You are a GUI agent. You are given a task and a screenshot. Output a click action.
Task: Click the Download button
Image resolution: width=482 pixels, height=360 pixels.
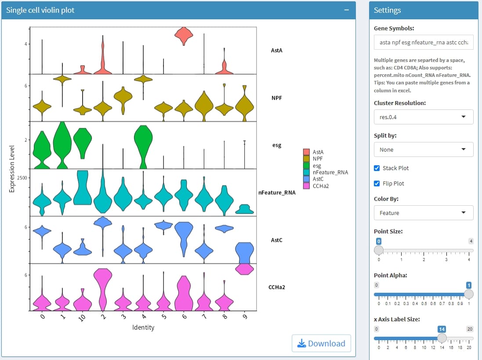point(321,343)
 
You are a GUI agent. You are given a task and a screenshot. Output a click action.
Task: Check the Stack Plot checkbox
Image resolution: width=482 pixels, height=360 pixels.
point(377,168)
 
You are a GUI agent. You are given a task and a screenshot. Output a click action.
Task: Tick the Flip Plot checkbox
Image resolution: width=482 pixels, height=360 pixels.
point(377,183)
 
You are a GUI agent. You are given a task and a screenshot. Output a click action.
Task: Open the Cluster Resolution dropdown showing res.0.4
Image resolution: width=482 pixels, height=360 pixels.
point(423,117)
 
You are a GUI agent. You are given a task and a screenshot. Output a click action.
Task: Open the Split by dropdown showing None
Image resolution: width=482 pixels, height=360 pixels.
point(423,149)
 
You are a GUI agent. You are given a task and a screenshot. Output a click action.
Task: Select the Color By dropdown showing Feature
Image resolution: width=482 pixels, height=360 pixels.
point(423,213)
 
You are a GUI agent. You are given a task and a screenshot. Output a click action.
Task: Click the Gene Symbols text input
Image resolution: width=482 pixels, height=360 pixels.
point(423,42)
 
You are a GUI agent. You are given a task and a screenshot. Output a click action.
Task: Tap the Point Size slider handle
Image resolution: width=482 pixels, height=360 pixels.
point(378,250)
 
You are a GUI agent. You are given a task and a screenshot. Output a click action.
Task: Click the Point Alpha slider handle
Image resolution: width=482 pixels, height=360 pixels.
point(469,294)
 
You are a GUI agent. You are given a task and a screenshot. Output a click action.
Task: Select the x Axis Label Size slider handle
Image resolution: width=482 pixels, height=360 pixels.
point(442,338)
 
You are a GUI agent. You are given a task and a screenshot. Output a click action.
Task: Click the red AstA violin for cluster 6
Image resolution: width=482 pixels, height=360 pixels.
point(184,36)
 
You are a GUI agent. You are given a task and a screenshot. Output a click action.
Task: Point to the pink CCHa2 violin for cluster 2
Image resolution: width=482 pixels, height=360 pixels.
point(103,288)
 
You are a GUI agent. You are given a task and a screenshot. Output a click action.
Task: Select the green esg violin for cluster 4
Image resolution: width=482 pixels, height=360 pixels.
point(143,142)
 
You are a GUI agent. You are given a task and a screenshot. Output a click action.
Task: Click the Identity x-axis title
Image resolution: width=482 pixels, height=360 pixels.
point(143,327)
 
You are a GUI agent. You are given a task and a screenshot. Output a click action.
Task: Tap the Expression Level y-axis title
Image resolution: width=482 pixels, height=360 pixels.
point(12,168)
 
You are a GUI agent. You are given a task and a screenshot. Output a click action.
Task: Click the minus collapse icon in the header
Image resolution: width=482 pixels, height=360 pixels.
point(347,10)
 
